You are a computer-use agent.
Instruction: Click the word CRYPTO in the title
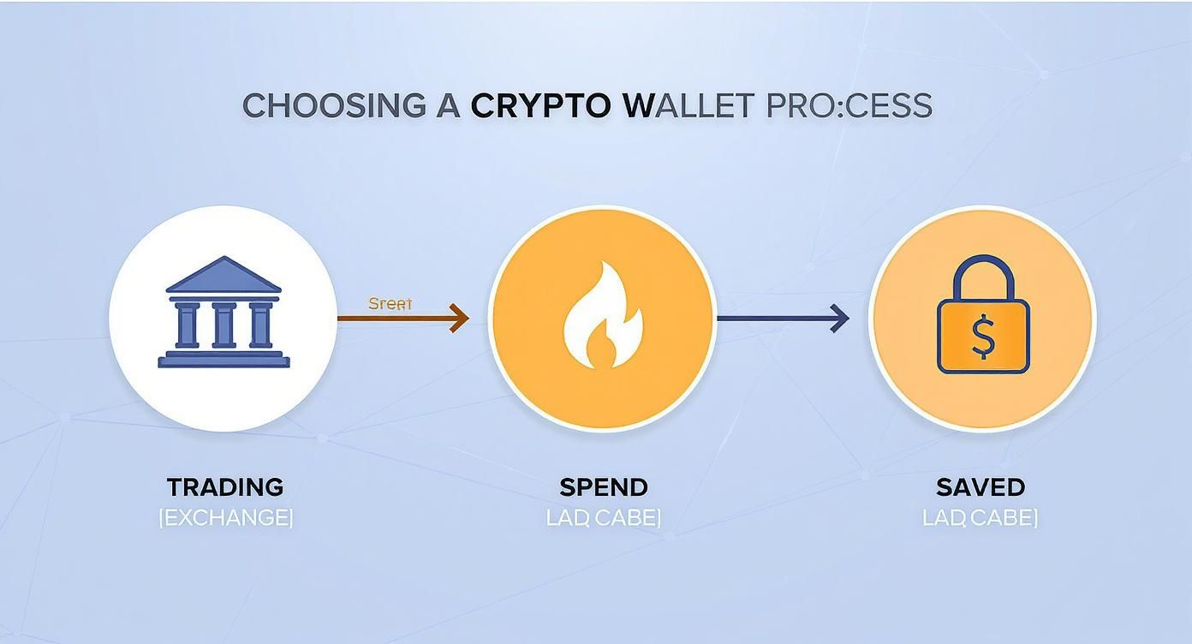click(x=540, y=106)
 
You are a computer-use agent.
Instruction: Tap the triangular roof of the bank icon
click(x=223, y=275)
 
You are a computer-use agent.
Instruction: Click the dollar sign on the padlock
click(x=983, y=339)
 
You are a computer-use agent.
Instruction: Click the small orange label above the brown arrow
click(x=390, y=304)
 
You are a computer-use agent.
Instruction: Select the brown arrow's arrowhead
click(x=460, y=319)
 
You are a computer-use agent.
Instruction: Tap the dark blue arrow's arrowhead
click(x=839, y=319)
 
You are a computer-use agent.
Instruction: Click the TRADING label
click(x=225, y=487)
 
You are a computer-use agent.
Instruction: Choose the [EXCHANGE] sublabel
click(x=226, y=517)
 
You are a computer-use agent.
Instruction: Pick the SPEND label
click(x=604, y=487)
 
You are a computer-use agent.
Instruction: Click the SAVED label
click(x=980, y=487)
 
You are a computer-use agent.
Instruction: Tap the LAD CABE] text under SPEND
click(x=604, y=517)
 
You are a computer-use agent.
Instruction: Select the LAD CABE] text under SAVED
click(x=980, y=517)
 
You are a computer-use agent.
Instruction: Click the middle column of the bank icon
click(x=223, y=325)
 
